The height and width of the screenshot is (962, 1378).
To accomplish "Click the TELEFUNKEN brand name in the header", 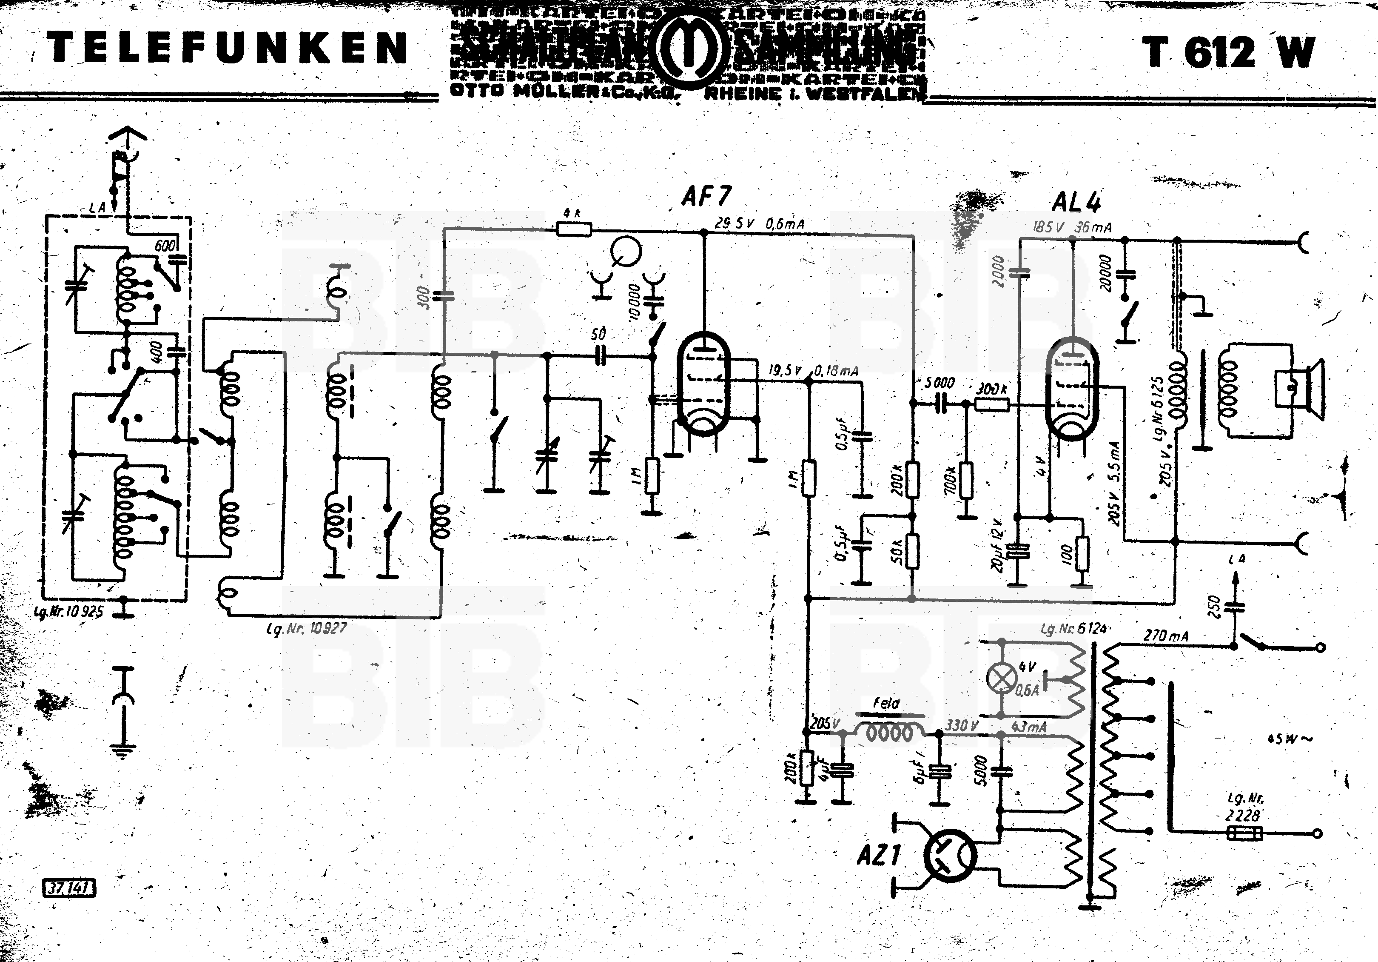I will (227, 48).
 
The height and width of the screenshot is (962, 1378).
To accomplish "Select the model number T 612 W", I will (1228, 52).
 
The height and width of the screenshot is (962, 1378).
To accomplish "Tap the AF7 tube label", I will (706, 196).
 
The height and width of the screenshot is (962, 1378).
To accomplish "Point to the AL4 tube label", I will (1076, 203).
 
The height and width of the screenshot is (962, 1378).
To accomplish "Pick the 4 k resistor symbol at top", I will (574, 229).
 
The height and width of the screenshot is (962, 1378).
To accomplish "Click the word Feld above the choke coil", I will (886, 703).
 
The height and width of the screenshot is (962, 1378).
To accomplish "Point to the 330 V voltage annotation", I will (962, 725).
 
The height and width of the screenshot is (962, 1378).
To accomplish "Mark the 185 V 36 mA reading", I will (1072, 227).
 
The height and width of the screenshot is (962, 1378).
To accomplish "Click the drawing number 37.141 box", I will (70, 888).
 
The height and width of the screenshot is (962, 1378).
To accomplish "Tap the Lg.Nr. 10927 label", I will (307, 629).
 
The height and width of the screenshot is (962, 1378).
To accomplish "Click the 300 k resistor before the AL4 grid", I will (991, 405).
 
